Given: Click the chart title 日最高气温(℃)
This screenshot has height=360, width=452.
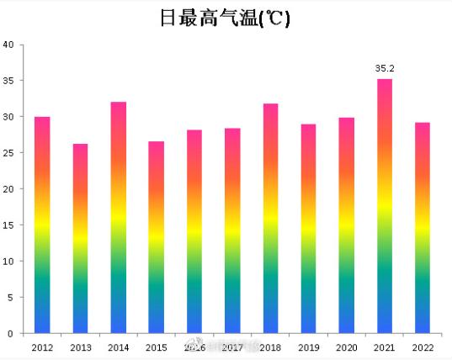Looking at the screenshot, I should pyautogui.click(x=225, y=19).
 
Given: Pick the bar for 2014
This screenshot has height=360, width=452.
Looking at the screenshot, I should pyautogui.click(x=119, y=218).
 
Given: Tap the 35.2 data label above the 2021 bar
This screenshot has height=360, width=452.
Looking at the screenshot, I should pyautogui.click(x=385, y=67).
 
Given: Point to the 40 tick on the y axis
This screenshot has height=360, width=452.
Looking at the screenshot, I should pyautogui.click(x=8, y=45).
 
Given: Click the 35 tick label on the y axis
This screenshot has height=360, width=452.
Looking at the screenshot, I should pyautogui.click(x=8, y=81).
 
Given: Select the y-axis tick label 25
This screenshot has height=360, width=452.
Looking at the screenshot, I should pyautogui.click(x=8, y=153).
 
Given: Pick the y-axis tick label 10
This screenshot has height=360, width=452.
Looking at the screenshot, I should pyautogui.click(x=8, y=262).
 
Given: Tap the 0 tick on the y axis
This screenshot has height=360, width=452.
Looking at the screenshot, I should pyautogui.click(x=11, y=334).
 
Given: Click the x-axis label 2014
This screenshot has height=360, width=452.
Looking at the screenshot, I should pyautogui.click(x=119, y=347).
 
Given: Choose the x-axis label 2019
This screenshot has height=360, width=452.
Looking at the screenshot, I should pyautogui.click(x=309, y=347).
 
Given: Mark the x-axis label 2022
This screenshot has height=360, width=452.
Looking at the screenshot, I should pyautogui.click(x=423, y=347).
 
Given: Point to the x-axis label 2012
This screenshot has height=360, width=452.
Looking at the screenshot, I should pyautogui.click(x=42, y=347).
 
